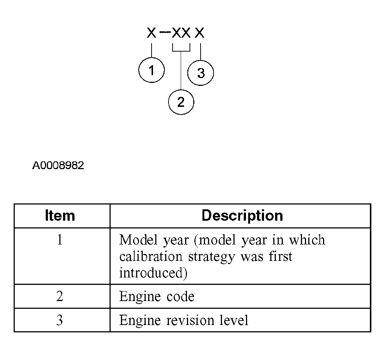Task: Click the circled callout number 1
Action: [x=152, y=70]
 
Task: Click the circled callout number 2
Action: [x=181, y=102]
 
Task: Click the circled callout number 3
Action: [x=201, y=73]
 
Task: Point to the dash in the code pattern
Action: [x=165, y=33]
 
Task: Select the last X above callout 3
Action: [x=200, y=34]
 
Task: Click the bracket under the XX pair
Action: [x=181, y=50]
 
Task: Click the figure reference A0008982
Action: [x=58, y=165]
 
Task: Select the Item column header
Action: [x=60, y=216]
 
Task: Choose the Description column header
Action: [x=242, y=216]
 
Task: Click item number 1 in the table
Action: [x=60, y=240]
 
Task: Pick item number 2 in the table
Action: [x=60, y=297]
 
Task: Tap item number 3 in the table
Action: [x=60, y=320]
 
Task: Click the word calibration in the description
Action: [x=151, y=256]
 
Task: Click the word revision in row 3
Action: [x=190, y=320]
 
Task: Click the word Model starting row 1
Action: [x=138, y=240]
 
